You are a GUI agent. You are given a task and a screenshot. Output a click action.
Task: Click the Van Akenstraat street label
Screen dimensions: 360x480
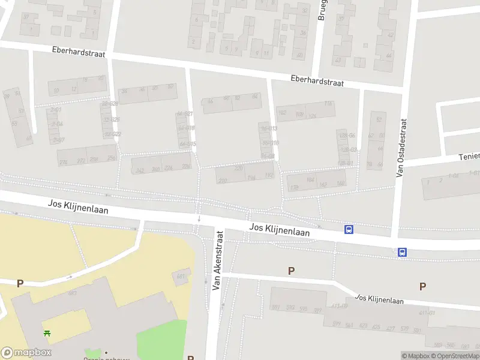click(x=218, y=263)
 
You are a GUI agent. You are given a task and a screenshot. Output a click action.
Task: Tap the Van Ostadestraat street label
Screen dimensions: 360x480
click(x=401, y=148)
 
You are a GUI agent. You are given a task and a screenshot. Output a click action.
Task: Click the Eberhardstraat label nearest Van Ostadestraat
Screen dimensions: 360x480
click(x=317, y=81)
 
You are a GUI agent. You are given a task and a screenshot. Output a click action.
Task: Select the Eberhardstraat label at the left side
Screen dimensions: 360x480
click(x=78, y=53)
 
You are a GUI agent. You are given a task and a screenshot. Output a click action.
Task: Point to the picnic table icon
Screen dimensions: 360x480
click(x=47, y=333)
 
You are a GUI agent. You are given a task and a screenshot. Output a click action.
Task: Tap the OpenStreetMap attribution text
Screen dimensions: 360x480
click(x=455, y=356)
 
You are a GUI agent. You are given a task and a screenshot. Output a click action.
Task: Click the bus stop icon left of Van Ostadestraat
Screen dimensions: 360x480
click(x=349, y=229)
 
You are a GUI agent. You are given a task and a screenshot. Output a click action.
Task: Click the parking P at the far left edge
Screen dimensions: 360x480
click(x=20, y=283)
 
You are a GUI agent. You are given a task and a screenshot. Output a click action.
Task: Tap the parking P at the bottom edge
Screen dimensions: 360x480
click(x=191, y=358)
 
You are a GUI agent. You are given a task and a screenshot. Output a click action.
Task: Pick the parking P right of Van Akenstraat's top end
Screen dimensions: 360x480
click(x=291, y=271)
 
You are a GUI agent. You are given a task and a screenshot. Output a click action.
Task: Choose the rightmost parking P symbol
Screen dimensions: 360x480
click(x=422, y=287)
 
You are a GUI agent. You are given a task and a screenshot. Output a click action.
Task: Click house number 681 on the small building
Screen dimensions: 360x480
click(x=179, y=276)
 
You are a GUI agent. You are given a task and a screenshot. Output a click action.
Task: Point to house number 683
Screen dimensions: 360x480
click(x=73, y=293)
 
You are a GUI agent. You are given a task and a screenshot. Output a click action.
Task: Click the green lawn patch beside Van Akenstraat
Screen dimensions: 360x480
click(x=162, y=339)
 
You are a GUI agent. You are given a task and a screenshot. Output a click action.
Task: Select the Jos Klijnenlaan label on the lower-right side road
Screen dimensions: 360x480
click(x=379, y=299)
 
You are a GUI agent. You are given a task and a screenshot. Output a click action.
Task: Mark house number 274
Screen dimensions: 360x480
click(x=64, y=162)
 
